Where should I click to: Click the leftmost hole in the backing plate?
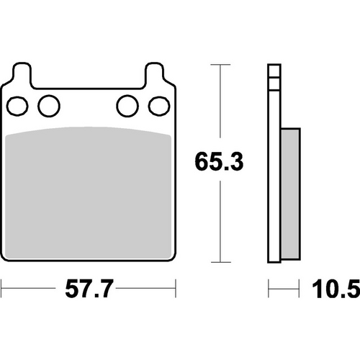(x=19, y=106)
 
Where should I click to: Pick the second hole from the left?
(x=48, y=106)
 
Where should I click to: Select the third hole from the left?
(x=127, y=106)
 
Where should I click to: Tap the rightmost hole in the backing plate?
(x=156, y=106)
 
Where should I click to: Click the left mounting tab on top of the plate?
(x=21, y=74)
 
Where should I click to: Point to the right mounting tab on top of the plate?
(x=155, y=74)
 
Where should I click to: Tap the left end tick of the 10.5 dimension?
(x=269, y=291)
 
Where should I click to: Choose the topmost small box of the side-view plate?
(x=273, y=71)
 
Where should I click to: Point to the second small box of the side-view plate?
(x=273, y=83)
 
